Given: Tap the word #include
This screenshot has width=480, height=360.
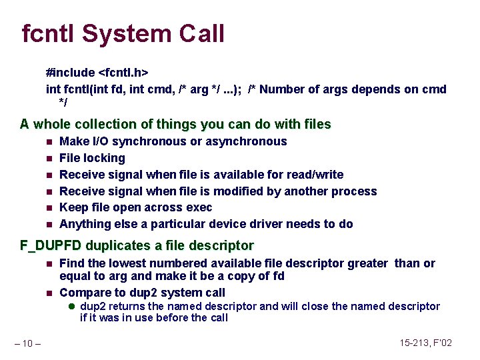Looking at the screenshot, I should click(x=70, y=71).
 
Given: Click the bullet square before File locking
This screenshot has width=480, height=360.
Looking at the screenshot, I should click(x=49, y=159).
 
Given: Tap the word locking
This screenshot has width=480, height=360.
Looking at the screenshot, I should click(x=105, y=158).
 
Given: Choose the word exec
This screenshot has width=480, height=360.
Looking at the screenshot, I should click(x=199, y=207).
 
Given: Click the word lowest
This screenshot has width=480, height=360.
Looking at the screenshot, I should click(x=146, y=263).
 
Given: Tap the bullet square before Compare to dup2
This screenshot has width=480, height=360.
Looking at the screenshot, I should click(x=49, y=293).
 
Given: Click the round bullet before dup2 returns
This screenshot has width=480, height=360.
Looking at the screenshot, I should click(x=72, y=307).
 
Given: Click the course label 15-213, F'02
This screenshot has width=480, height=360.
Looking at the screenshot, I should click(x=425, y=343).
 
